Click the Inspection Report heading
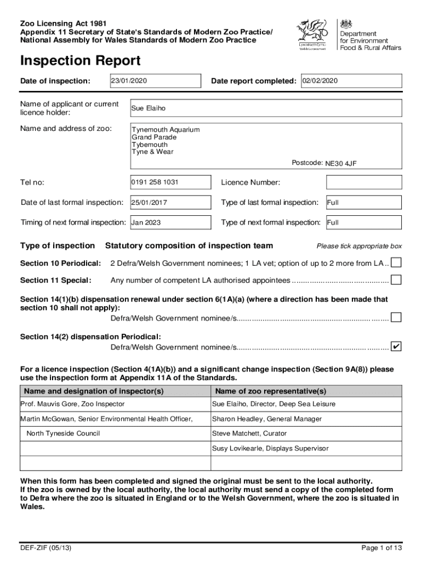(x=80, y=61)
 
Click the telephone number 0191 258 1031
(x=170, y=182)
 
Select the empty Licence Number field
(x=364, y=182)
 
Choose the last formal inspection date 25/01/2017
(x=170, y=203)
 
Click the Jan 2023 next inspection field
(x=170, y=222)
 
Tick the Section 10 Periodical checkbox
(x=396, y=263)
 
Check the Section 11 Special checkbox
(x=396, y=280)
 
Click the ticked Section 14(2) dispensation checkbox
(x=396, y=347)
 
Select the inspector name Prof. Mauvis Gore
(x=72, y=404)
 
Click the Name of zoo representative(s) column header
(x=271, y=391)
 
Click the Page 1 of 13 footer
(x=381, y=547)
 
